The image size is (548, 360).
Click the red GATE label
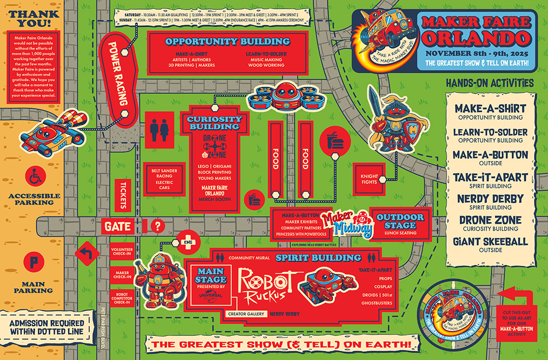click(118, 227)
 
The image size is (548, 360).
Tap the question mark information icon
click(157, 226)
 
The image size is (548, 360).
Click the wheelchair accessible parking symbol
click(35, 175)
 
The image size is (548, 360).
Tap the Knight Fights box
click(369, 180)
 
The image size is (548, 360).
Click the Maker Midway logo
click(348, 223)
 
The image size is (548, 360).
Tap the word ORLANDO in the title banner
click(475, 37)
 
